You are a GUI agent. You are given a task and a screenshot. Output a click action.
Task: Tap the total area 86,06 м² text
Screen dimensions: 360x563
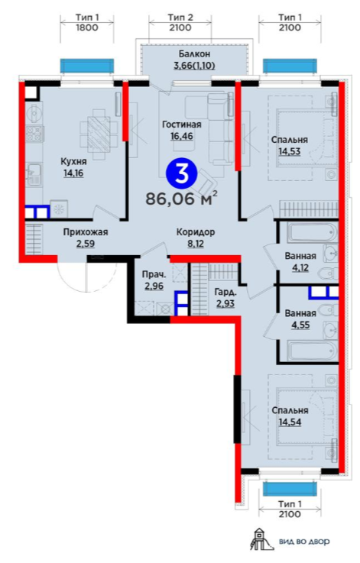point(181,198)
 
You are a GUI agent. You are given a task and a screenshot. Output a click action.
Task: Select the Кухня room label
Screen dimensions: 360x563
point(73,162)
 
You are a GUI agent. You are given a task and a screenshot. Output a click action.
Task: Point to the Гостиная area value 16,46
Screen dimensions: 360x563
point(181,136)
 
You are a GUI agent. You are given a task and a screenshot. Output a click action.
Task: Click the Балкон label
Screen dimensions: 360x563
point(194,54)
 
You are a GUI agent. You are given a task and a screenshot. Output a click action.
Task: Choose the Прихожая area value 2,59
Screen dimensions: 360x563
point(85,244)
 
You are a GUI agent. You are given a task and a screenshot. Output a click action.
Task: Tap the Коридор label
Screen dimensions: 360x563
point(196,232)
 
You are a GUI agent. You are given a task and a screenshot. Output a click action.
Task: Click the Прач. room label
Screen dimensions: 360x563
point(154,275)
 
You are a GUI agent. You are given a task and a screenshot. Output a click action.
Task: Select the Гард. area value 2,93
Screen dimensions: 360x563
point(225,303)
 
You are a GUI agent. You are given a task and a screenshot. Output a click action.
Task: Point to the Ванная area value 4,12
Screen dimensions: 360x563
point(300,267)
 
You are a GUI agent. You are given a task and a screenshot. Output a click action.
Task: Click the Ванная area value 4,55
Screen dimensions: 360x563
point(300,325)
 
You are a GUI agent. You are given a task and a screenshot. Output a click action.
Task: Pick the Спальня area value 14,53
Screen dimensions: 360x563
point(289,151)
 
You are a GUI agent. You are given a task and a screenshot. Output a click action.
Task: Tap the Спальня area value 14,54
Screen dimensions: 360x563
point(290,422)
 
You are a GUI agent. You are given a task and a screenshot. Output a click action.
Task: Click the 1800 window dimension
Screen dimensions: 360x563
point(87,28)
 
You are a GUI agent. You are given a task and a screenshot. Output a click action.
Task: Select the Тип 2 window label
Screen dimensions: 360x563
point(180,18)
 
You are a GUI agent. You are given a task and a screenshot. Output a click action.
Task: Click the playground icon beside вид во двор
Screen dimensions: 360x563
point(261,540)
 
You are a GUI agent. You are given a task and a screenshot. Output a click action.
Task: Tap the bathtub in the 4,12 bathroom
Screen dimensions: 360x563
point(312,233)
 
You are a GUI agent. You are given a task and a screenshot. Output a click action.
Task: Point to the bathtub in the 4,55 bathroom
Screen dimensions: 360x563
point(312,350)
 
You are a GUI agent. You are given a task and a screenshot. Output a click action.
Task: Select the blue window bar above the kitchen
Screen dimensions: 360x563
point(87,66)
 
